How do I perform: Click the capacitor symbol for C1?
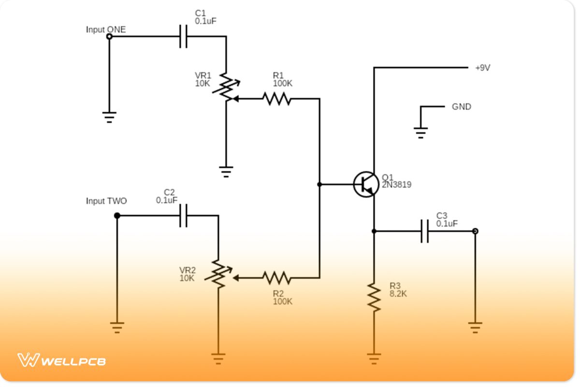pos(183,36)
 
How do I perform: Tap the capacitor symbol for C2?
pos(183,216)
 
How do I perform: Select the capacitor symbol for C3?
pos(424,231)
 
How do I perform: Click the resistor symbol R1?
pos(276,99)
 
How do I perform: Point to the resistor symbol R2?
pos(276,278)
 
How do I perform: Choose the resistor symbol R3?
pos(374,296)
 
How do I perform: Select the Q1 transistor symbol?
pos(365,184)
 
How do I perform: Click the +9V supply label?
pos(482,68)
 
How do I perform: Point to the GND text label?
pos(461,107)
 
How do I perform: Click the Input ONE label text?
pos(105,30)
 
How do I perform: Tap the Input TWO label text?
pos(106,201)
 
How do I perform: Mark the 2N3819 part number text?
pos(396,184)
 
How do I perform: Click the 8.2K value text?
pos(398,293)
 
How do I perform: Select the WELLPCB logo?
pos(61,360)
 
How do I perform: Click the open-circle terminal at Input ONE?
pos(109,36)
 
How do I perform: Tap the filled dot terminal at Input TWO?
pos(117,216)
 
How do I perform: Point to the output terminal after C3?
pos(475,231)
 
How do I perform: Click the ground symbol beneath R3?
pos(374,358)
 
